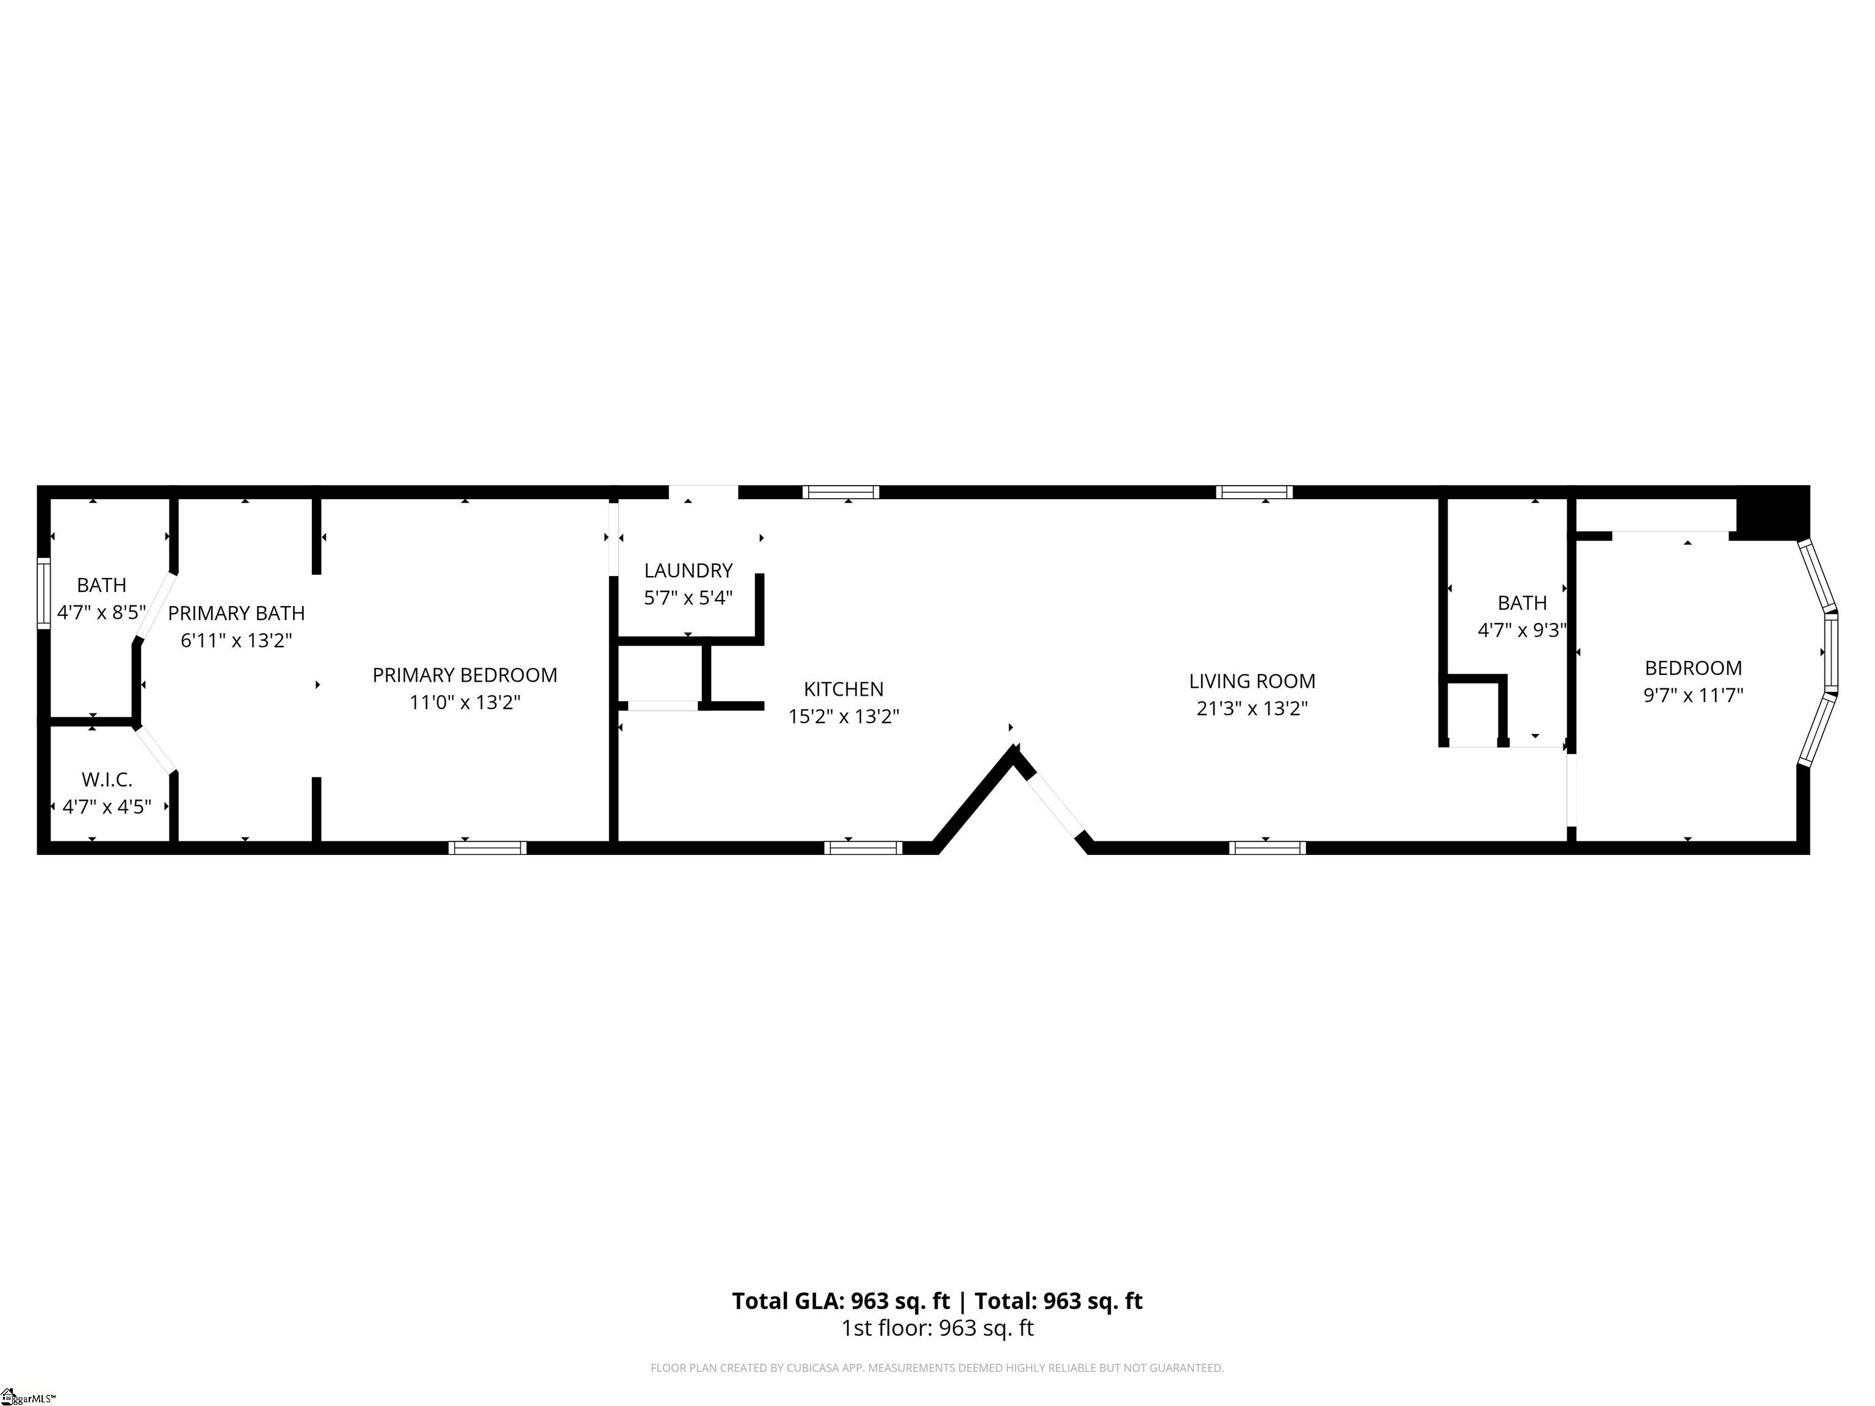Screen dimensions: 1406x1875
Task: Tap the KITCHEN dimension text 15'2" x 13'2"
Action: tap(844, 717)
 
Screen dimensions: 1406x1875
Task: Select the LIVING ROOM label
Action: tap(1251, 680)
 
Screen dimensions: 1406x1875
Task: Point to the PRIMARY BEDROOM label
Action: tap(464, 674)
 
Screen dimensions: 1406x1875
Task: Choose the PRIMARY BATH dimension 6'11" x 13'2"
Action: tap(236, 641)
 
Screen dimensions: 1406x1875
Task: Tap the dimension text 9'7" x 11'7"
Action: tap(1693, 696)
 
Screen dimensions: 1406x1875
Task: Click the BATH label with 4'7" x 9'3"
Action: tap(1522, 602)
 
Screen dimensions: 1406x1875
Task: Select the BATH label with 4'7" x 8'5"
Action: tap(102, 585)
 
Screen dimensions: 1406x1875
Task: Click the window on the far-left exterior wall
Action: tap(43, 593)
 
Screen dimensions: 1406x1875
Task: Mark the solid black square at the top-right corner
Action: tap(1772, 513)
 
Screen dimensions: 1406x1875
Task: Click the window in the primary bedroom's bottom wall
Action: tap(488, 848)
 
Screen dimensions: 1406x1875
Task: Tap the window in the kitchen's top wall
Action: tap(841, 491)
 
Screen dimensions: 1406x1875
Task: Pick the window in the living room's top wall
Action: tap(1254, 491)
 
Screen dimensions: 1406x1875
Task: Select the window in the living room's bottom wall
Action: tap(1267, 848)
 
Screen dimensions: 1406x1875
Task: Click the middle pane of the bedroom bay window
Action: tap(1831, 651)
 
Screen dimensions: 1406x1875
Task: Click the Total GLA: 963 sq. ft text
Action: tap(841, 1301)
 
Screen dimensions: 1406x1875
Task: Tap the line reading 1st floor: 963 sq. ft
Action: tap(937, 1328)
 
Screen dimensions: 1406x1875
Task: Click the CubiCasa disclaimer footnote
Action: tap(937, 1368)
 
